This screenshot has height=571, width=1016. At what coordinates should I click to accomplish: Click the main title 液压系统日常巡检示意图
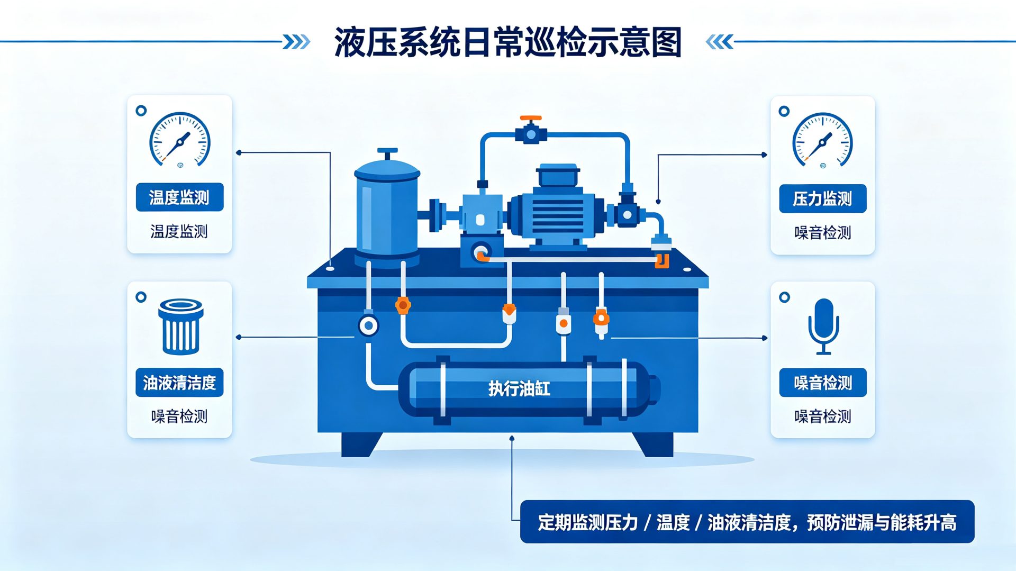pos(507,42)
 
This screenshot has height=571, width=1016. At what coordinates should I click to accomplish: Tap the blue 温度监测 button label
pos(179,197)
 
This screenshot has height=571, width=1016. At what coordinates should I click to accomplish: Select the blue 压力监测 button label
pos(822,198)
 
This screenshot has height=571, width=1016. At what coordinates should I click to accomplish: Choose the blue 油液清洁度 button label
pos(179,382)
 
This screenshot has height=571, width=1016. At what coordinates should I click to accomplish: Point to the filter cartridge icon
pos(181,327)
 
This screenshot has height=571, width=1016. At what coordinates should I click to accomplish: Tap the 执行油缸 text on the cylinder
pos(519,389)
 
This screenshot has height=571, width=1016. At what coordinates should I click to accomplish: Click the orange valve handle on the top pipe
pos(530,118)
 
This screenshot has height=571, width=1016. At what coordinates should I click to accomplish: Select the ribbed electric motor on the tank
pos(556,207)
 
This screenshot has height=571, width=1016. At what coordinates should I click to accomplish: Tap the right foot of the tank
pos(654,444)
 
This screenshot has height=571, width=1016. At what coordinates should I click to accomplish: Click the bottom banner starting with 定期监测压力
pos(747,522)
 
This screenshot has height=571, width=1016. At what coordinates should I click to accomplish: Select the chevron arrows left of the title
pos(296,42)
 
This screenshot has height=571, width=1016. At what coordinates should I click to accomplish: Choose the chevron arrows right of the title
pos(720,42)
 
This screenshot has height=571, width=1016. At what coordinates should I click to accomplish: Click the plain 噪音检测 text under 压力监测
pos(822,232)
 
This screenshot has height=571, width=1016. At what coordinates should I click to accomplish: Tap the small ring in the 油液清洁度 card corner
pos(141,297)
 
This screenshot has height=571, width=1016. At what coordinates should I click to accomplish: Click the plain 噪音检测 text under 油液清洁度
pos(179,416)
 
